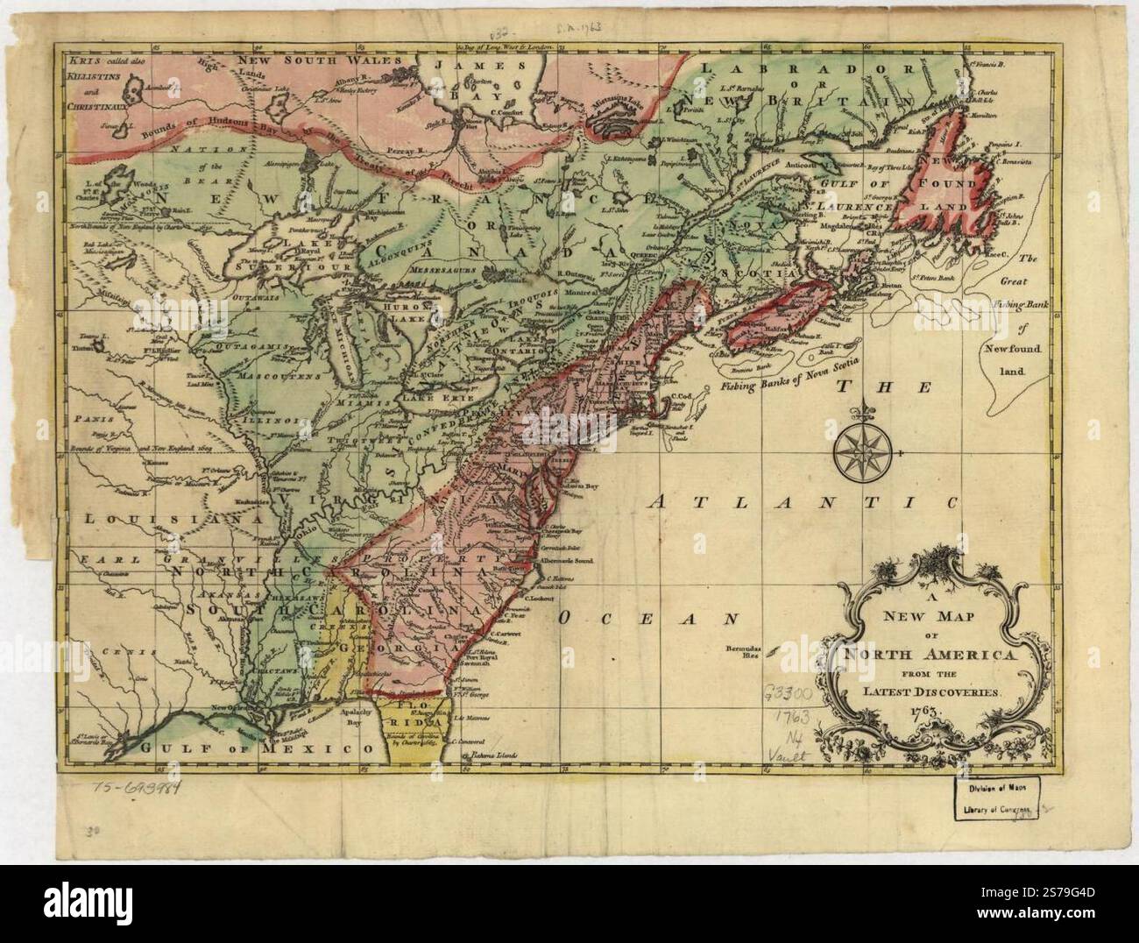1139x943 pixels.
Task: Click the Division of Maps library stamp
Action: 997,798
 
